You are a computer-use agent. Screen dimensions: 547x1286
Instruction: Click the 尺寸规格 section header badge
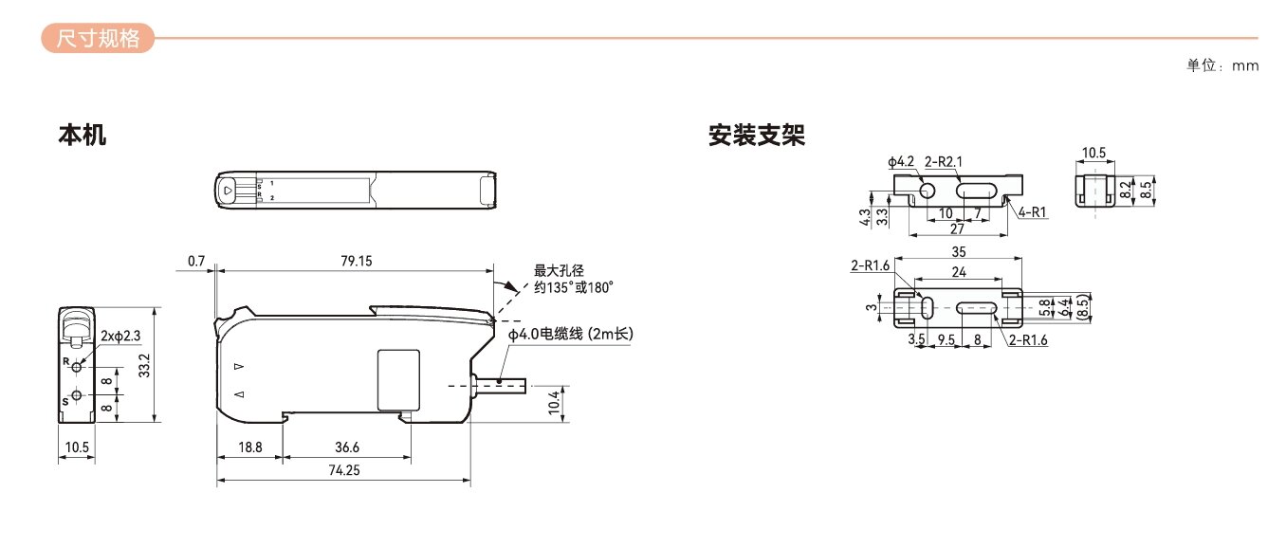[x=98, y=39]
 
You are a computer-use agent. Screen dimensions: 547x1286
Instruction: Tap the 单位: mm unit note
[x=1222, y=66]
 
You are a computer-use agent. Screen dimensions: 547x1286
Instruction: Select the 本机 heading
[x=83, y=136]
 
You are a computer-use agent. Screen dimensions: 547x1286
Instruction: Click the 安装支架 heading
[x=756, y=136]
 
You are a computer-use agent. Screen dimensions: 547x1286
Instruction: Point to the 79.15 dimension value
[x=356, y=261]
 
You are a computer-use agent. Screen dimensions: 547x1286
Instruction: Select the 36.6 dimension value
[x=348, y=447]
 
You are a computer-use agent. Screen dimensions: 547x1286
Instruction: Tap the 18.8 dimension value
[x=248, y=447]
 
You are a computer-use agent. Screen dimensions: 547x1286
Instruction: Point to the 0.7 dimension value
[x=196, y=261]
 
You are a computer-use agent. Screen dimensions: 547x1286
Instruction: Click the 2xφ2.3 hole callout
[x=120, y=336]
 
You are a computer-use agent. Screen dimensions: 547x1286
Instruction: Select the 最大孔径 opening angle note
[x=573, y=279]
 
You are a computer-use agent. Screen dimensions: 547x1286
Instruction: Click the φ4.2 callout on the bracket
[x=901, y=162]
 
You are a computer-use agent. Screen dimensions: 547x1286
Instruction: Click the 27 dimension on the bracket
[x=956, y=228]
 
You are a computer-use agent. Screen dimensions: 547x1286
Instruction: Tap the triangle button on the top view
[x=230, y=189]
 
